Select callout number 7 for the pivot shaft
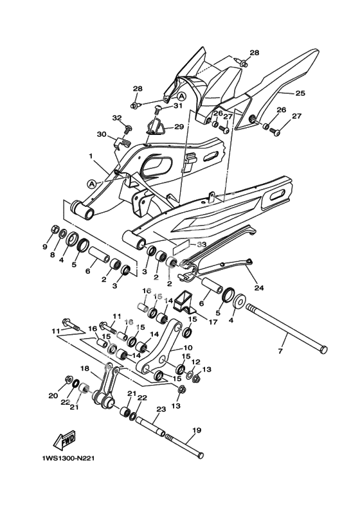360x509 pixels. tap(281, 351)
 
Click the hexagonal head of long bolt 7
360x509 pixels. tap(323, 350)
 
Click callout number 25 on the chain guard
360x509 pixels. tap(300, 93)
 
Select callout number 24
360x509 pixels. tap(260, 288)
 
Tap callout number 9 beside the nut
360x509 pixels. tap(45, 247)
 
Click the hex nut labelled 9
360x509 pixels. tap(54, 229)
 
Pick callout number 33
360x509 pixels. tap(202, 245)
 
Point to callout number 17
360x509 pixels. tap(213, 323)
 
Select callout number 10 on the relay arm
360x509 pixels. tap(188, 348)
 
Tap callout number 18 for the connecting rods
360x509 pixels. tap(84, 368)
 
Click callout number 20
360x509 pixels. tap(53, 396)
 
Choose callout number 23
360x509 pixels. tap(161, 409)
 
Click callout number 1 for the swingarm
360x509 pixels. tap(91, 156)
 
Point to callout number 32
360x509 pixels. tap(117, 118)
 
